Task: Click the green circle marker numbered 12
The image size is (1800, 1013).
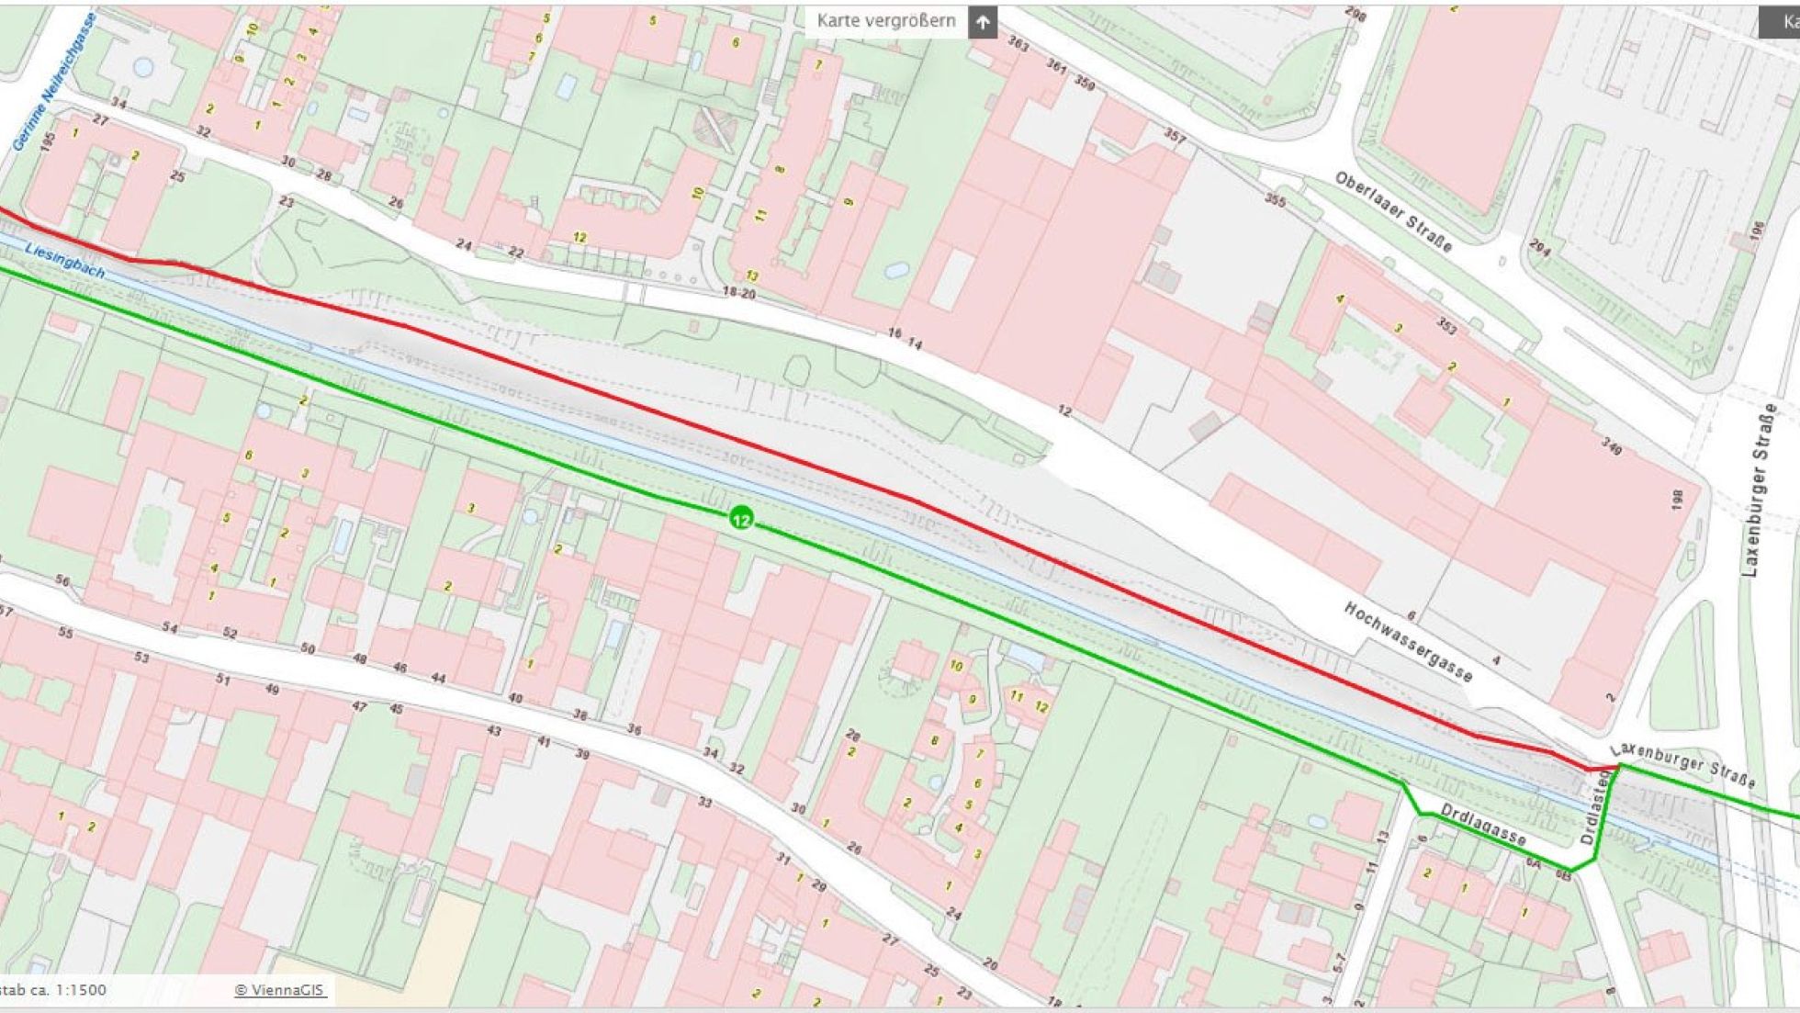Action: click(x=741, y=519)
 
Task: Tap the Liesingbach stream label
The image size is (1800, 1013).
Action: click(x=64, y=261)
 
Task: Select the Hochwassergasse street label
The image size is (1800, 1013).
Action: click(x=1407, y=642)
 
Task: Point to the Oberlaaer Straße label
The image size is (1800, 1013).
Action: click(x=1393, y=212)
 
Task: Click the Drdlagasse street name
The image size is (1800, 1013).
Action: click(x=1482, y=825)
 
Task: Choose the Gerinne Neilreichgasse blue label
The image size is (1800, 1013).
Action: click(x=54, y=83)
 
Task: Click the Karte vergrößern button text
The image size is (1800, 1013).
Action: click(x=885, y=21)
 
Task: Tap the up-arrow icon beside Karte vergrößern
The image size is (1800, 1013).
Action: click(x=983, y=22)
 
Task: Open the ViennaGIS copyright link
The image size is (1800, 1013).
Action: click(x=280, y=990)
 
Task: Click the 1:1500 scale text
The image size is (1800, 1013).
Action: click(x=81, y=990)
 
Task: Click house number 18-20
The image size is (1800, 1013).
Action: click(x=738, y=293)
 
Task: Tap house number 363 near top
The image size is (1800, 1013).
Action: click(x=1018, y=43)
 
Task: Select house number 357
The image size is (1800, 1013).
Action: click(x=1175, y=137)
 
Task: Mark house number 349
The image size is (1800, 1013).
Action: click(x=1611, y=446)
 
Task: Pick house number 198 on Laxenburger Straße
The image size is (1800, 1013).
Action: click(x=1678, y=501)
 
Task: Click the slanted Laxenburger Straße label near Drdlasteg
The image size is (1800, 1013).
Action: click(x=1682, y=765)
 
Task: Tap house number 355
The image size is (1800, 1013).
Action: click(x=1275, y=199)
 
